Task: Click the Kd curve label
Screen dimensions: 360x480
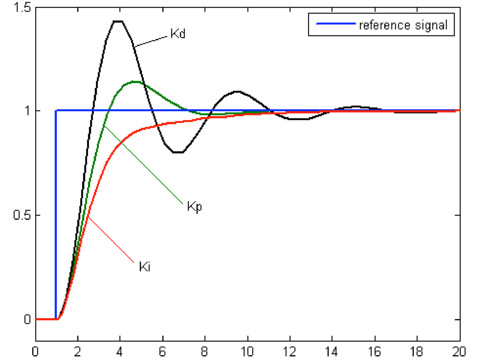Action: (x=176, y=34)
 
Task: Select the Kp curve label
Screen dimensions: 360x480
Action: (x=195, y=207)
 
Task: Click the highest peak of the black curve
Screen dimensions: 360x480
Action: (x=118, y=21)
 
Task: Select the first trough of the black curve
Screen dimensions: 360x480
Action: (x=178, y=152)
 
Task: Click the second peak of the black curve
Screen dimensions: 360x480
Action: (x=237, y=91)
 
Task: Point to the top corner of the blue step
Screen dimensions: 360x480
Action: (x=56, y=111)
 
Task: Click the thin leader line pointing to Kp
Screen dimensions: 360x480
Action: (x=143, y=165)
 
